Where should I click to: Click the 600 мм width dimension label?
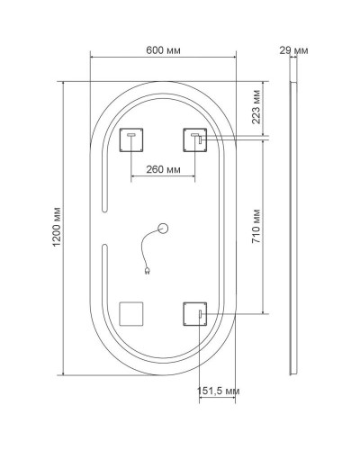click(x=164, y=49)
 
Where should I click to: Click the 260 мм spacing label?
click(x=164, y=168)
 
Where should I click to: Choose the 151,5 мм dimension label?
click(x=219, y=391)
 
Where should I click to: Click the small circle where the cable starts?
click(x=164, y=229)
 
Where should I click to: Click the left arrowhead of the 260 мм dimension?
click(x=133, y=176)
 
